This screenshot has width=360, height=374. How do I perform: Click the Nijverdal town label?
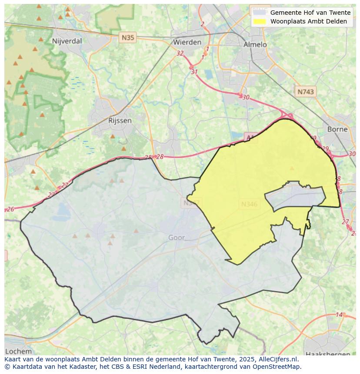point(67,41)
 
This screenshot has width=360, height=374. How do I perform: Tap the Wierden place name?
point(187,42)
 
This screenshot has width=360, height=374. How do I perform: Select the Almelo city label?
point(255,44)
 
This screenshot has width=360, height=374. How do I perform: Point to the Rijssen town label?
point(120,120)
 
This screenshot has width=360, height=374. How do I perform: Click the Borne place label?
point(337,129)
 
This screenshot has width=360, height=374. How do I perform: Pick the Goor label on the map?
point(177,238)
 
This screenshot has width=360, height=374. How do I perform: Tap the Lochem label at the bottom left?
point(19,351)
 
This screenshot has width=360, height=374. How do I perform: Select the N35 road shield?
point(128,38)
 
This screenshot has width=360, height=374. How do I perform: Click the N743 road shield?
point(305,92)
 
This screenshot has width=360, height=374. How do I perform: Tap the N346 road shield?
point(249,204)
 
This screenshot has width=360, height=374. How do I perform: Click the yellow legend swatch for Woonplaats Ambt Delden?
point(260,21)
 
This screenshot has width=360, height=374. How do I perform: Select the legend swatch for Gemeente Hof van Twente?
point(260,13)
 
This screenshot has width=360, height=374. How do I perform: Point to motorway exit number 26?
point(10,209)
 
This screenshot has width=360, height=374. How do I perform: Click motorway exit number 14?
point(339,314)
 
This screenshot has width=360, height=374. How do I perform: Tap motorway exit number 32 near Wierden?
point(180,53)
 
